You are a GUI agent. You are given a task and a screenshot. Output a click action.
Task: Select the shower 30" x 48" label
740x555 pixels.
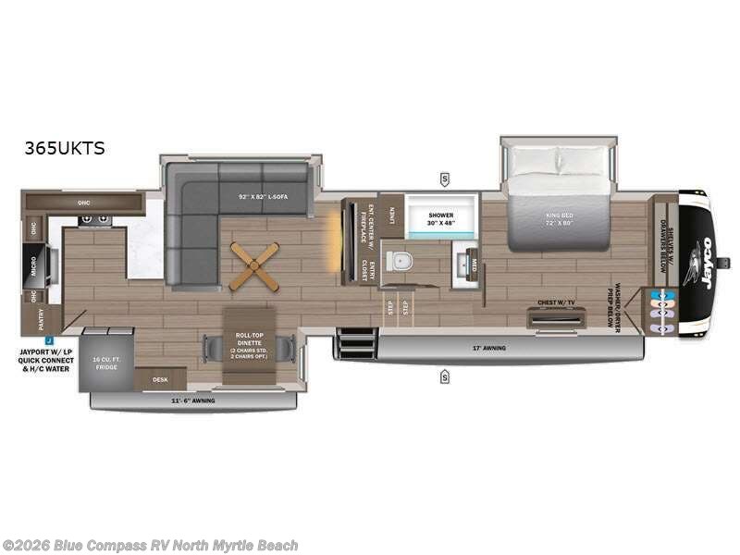tap(441, 218)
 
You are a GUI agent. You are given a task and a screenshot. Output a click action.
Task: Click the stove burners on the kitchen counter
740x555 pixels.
tap(93, 219)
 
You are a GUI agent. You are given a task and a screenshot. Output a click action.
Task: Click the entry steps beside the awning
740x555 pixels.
tap(354, 342)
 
